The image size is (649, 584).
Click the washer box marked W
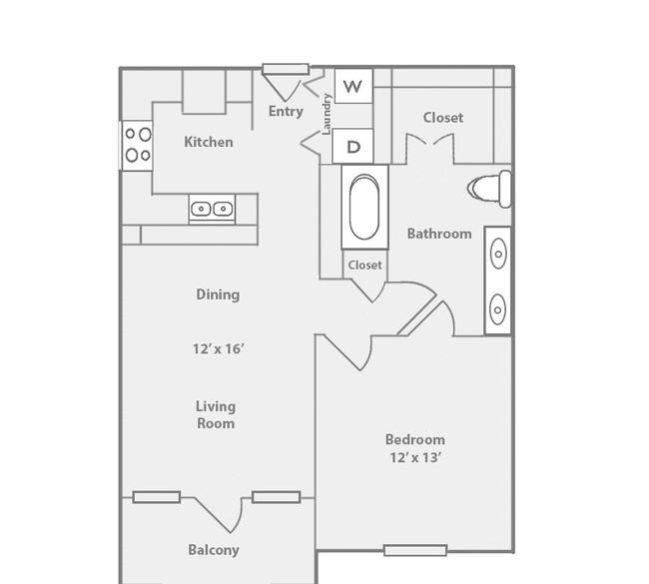(x=353, y=86)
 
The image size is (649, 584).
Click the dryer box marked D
(x=353, y=146)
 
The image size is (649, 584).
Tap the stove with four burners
(x=138, y=145)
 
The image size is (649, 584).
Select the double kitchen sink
(x=212, y=209)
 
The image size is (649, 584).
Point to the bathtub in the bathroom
(x=364, y=207)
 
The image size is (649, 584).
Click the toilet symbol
(x=489, y=189)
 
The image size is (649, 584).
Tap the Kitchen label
(x=209, y=142)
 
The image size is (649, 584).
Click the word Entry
(x=286, y=112)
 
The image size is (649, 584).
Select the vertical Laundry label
(x=326, y=114)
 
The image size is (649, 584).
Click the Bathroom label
(x=439, y=234)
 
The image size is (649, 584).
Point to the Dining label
(x=218, y=294)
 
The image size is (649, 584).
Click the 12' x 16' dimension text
(x=218, y=349)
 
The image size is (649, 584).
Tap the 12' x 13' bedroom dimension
(x=414, y=457)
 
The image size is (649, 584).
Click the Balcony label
(x=214, y=550)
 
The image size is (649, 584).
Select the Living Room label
(x=216, y=414)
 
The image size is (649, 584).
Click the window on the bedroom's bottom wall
(x=415, y=550)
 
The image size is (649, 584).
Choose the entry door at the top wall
(x=286, y=69)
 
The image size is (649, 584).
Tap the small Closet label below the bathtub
(x=364, y=265)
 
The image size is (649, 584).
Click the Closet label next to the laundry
(x=443, y=118)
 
